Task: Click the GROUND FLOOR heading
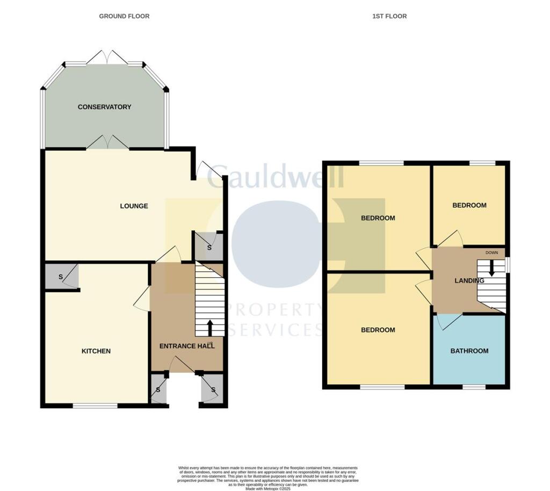[124, 16]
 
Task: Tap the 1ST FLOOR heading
[389, 16]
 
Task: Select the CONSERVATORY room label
[104, 107]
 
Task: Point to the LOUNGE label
[134, 206]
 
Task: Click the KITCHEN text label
[96, 351]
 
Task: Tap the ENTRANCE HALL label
[187, 346]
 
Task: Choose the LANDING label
[469, 280]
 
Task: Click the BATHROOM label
[469, 351]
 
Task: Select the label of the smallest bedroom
[469, 205]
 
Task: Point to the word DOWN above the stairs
[491, 252]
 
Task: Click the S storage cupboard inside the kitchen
[61, 277]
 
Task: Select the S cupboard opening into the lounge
[208, 248]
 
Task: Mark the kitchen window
[95, 406]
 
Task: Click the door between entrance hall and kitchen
[142, 298]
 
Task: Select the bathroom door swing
[447, 321]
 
